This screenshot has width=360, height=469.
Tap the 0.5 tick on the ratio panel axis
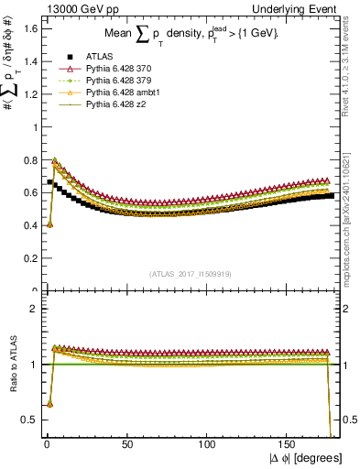[x=28, y=420]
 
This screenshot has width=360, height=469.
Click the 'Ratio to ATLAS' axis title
[x=12, y=364]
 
